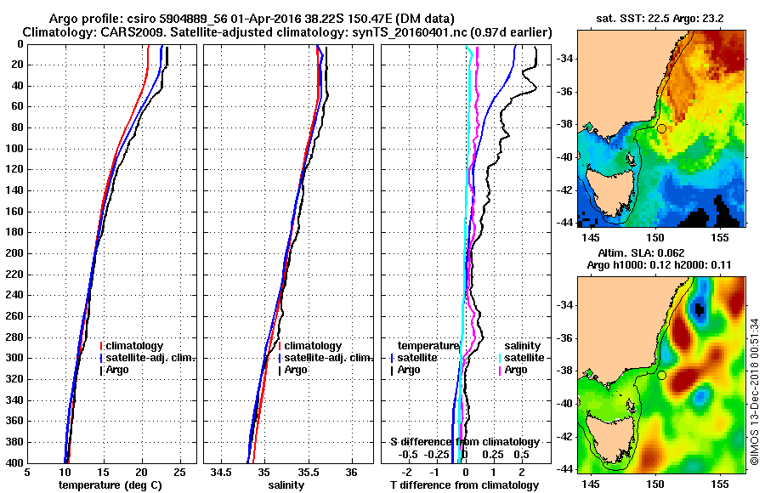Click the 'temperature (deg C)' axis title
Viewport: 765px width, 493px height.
[x=110, y=485]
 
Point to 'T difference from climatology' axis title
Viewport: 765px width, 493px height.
[x=464, y=485]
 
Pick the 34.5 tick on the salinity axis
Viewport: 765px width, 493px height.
[x=221, y=473]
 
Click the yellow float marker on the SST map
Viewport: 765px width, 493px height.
[x=661, y=128]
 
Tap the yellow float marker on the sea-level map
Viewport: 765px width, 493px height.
[x=661, y=375]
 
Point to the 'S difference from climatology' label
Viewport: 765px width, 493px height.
[x=464, y=442]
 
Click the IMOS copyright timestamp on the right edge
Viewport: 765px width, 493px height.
[x=754, y=392]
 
